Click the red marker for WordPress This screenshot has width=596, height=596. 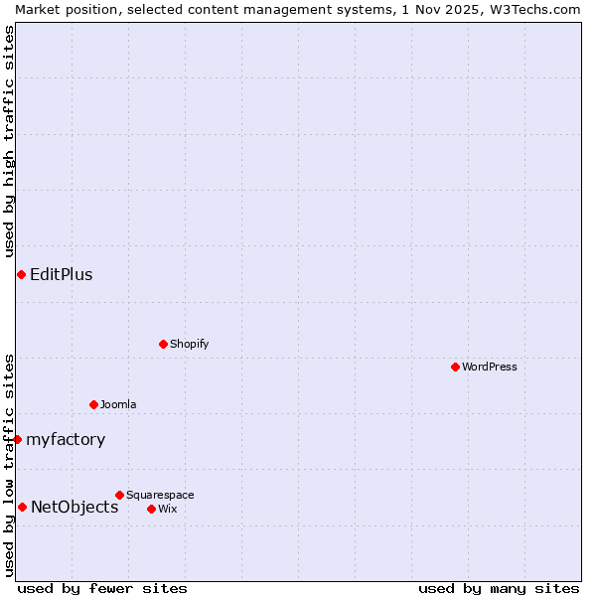tap(455, 367)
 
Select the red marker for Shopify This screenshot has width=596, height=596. tap(163, 344)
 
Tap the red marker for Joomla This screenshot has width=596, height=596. tap(93, 404)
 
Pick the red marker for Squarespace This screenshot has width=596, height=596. tap(119, 495)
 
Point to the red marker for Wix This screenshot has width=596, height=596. tap(151, 509)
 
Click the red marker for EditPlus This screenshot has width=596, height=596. tap(21, 274)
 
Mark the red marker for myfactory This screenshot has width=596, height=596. tap(17, 439)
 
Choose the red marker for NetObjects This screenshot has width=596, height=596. tap(22, 507)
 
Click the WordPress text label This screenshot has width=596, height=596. tap(490, 367)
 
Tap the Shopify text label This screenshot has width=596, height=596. tap(189, 344)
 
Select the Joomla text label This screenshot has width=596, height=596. tap(118, 404)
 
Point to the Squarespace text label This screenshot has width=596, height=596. tap(160, 495)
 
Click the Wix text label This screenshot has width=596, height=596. tap(168, 509)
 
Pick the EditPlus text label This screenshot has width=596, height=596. tap(62, 274)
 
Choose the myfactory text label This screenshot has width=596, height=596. tap(66, 439)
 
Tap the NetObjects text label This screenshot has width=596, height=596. tap(74, 507)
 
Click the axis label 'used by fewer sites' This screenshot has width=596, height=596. tap(102, 588)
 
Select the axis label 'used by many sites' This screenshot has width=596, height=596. tap(499, 588)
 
